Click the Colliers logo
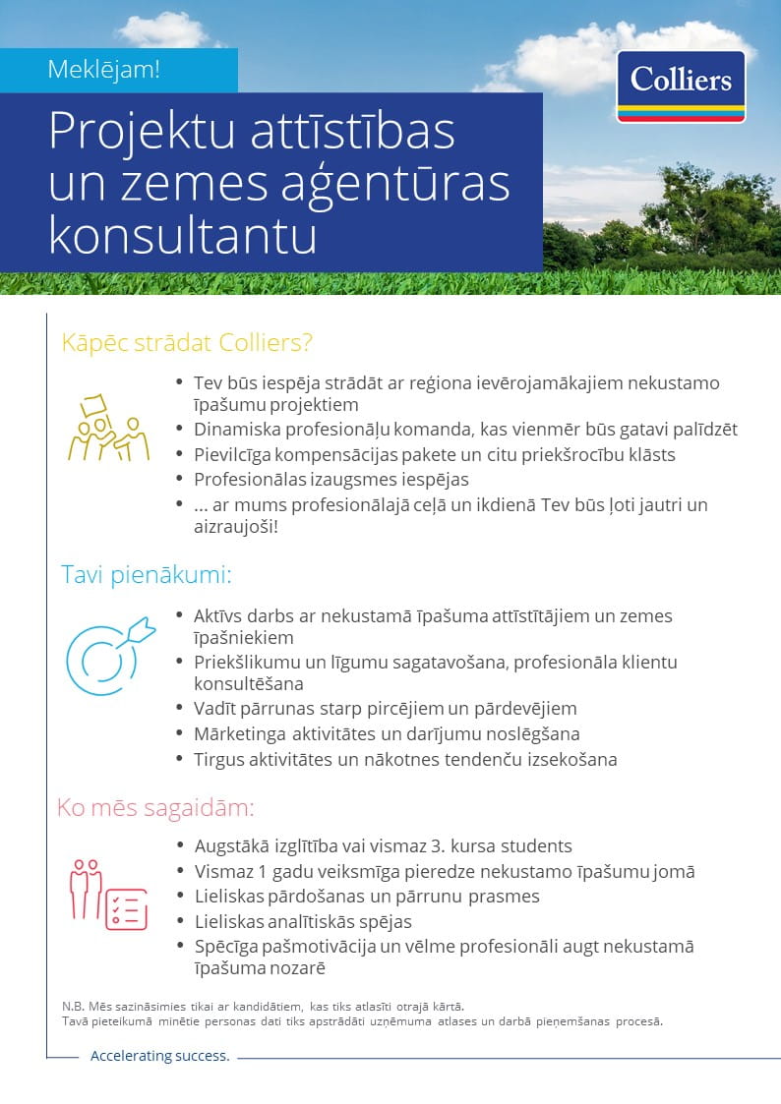[x=681, y=87]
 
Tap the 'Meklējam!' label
[x=103, y=70]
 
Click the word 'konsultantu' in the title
[x=183, y=237]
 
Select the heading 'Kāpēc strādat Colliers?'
[x=187, y=343]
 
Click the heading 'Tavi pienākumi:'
[x=146, y=574]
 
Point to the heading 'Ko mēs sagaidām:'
[x=155, y=808]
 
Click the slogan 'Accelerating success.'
[x=159, y=1056]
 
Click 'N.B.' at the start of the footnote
[x=73, y=1006]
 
